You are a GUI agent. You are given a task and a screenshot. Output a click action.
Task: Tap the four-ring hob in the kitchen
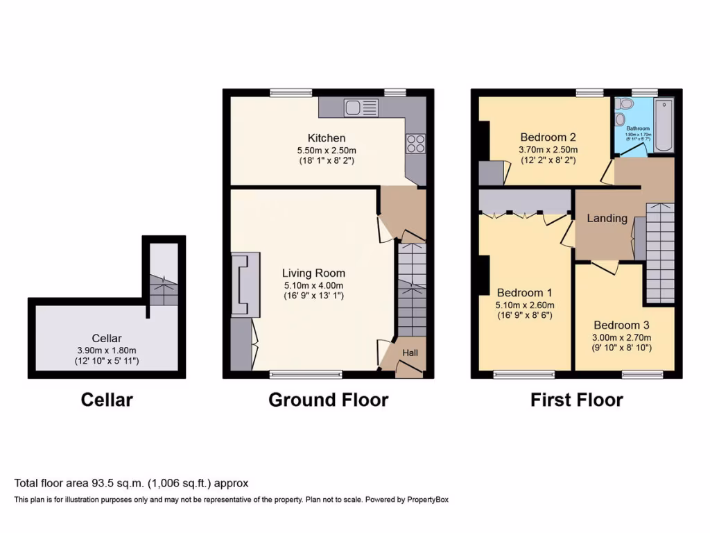click(x=415, y=144)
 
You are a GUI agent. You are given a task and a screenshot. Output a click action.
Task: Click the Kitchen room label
click(x=327, y=138)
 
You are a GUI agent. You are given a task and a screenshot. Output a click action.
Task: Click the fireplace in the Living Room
click(x=245, y=285)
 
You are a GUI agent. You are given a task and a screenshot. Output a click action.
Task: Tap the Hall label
click(x=410, y=353)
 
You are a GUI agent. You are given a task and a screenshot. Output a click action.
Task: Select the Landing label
click(x=607, y=218)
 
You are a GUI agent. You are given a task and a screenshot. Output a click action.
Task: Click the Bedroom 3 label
click(x=622, y=325)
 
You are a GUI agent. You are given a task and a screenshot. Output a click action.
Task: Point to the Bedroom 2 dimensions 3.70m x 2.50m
click(x=548, y=149)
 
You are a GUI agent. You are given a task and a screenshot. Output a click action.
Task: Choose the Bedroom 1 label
click(x=523, y=292)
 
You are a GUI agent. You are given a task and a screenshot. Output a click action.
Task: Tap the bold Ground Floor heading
click(x=328, y=400)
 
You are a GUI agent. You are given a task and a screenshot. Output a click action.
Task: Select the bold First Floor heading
click(x=576, y=400)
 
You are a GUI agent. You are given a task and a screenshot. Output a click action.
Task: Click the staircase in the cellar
click(x=164, y=288)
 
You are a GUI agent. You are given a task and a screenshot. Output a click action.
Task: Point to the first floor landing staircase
click(x=659, y=253)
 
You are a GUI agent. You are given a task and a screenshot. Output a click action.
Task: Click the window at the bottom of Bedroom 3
click(x=641, y=375)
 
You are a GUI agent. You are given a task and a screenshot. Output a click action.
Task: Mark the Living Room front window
click(x=306, y=375)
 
